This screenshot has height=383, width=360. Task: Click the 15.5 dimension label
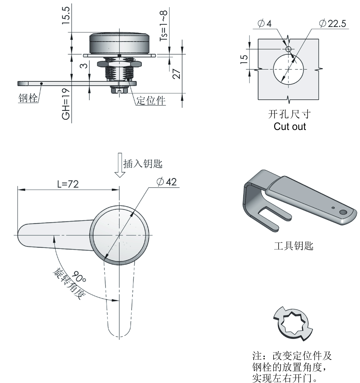pyautogui.click(x=66, y=15)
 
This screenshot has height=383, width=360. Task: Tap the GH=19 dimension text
pyautogui.click(x=66, y=104)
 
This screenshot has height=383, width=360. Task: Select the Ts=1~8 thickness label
pyautogui.click(x=163, y=26)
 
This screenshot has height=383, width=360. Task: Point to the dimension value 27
pyautogui.click(x=177, y=74)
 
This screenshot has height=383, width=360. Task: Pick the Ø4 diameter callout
pyautogui.click(x=265, y=23)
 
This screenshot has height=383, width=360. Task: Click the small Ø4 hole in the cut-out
pyautogui.click(x=289, y=49)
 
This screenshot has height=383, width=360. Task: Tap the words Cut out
pyautogui.click(x=290, y=126)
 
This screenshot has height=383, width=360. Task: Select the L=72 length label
pyautogui.click(x=68, y=184)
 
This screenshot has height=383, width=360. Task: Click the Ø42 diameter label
pyautogui.click(x=167, y=182)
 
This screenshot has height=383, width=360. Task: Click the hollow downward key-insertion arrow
pyautogui.click(x=120, y=165)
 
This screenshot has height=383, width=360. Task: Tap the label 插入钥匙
pyautogui.click(x=143, y=164)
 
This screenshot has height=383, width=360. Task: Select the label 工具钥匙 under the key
pyautogui.click(x=294, y=246)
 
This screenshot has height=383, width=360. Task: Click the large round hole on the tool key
pyautogui.click(x=343, y=213)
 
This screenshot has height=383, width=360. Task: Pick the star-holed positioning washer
pyautogui.click(x=293, y=324)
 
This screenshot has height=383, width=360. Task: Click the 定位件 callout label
pyautogui.click(x=151, y=101)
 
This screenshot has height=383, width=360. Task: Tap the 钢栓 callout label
pyautogui.click(x=28, y=98)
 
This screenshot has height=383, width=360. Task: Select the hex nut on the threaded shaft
pyautogui.click(x=119, y=64)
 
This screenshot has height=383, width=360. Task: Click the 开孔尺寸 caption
pyautogui.click(x=289, y=114)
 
